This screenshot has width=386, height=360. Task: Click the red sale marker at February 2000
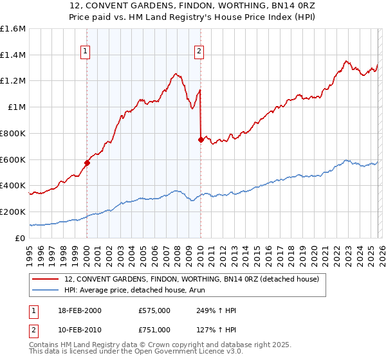pyautogui.click(x=87, y=163)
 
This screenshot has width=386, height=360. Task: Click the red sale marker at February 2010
pyautogui.click(x=201, y=139)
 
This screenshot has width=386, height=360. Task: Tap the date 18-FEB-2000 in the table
pyautogui.click(x=83, y=310)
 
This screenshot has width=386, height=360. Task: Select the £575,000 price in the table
pyautogui.click(x=154, y=310)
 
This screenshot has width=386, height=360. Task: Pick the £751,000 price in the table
pyautogui.click(x=154, y=330)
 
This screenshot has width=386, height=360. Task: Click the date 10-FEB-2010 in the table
pyautogui.click(x=83, y=330)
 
